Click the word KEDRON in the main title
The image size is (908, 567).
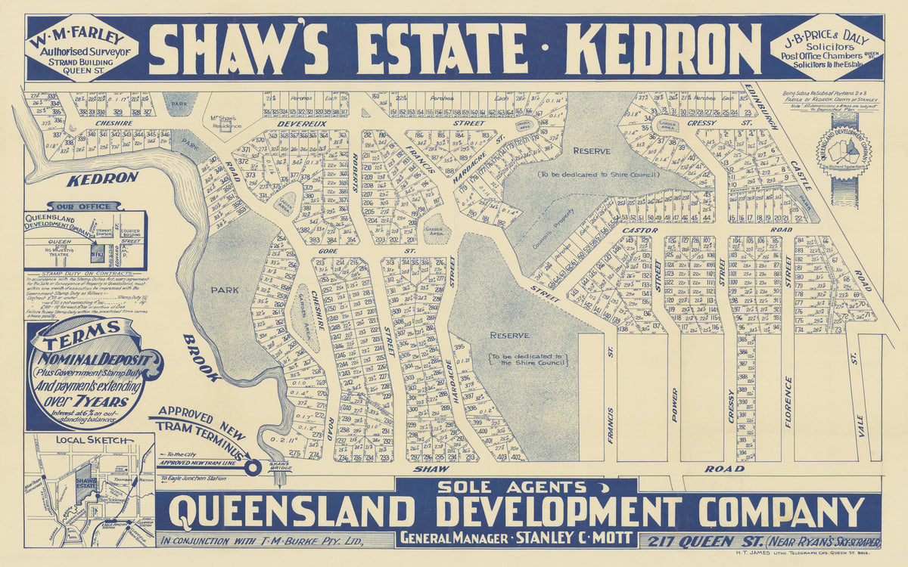tap(653, 49)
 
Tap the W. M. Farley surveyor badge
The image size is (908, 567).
tap(82, 48)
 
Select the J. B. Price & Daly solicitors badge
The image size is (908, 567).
tap(826, 48)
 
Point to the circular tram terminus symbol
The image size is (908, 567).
tap(253, 466)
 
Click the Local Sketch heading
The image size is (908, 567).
tap(78, 439)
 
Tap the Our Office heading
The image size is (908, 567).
tap(84, 206)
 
